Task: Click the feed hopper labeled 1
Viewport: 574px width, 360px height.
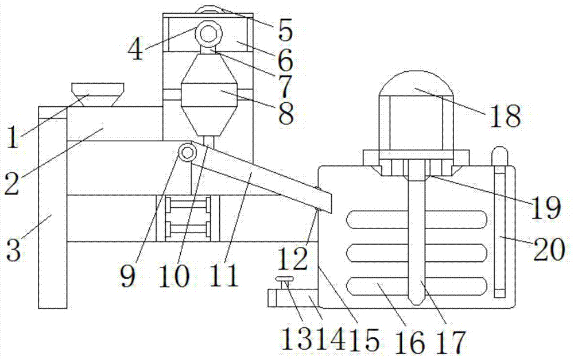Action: pyautogui.click(x=98, y=94)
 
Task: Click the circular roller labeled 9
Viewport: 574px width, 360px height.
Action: pyautogui.click(x=187, y=152)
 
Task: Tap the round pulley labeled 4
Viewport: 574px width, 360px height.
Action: pyautogui.click(x=208, y=34)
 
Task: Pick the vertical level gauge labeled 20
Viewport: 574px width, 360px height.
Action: pyautogui.click(x=500, y=230)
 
